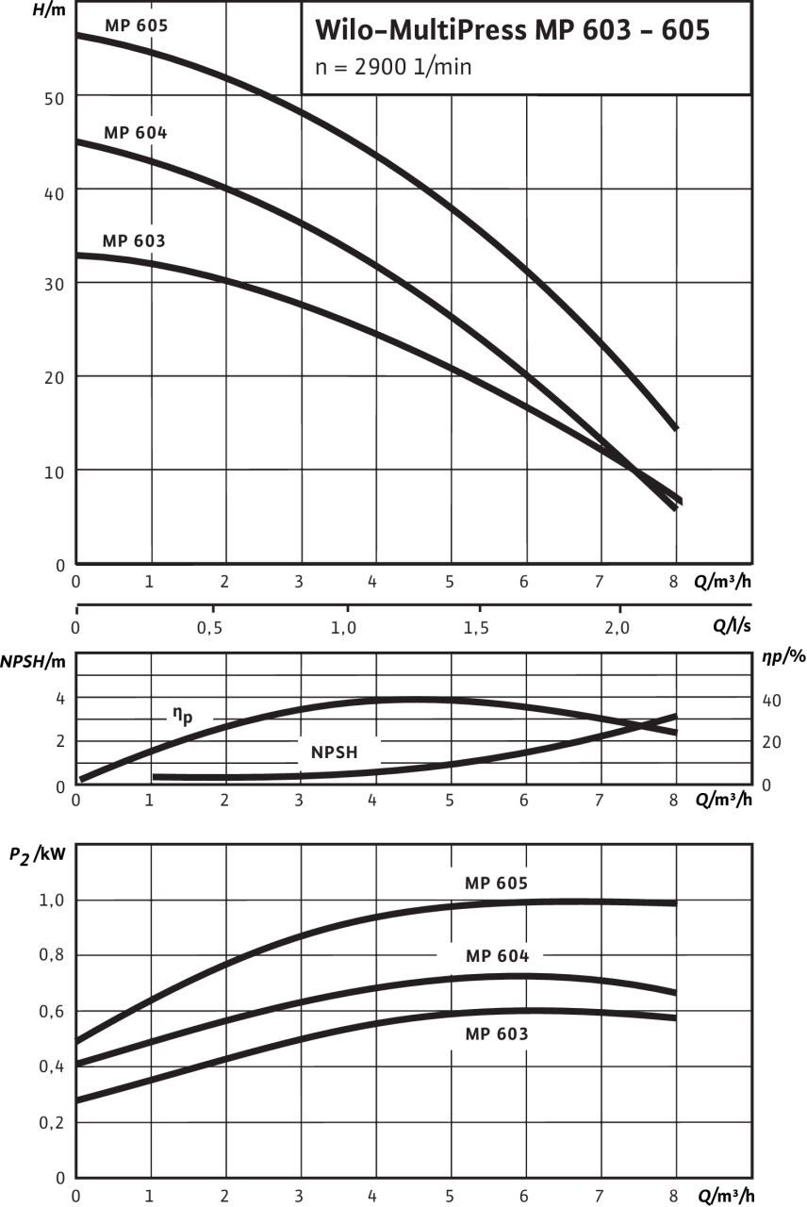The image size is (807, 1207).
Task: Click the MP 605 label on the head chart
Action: click(137, 25)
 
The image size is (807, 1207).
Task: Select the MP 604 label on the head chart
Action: click(137, 133)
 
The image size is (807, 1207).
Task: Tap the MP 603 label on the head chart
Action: click(135, 241)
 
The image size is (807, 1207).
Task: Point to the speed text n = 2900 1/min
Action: click(392, 67)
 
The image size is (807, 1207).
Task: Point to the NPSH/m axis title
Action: click(33, 660)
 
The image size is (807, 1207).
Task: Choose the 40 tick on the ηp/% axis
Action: click(771, 701)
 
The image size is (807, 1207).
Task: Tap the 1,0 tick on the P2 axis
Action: click(53, 901)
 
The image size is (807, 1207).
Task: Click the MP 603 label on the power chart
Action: click(497, 1034)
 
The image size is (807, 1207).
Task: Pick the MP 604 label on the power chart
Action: click(497, 956)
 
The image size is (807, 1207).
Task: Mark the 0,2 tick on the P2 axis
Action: click(53, 1123)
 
